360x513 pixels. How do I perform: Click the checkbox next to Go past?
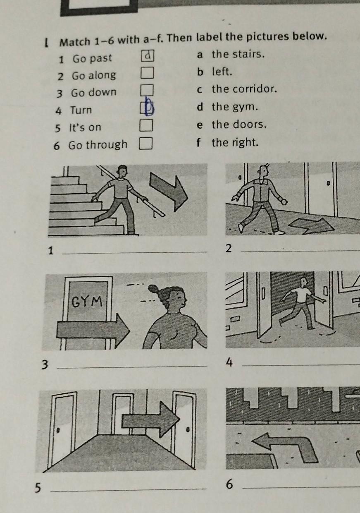click(x=148, y=56)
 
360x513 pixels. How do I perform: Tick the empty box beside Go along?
click(x=147, y=73)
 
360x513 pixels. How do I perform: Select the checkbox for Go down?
click(x=147, y=90)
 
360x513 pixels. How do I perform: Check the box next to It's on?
click(x=146, y=125)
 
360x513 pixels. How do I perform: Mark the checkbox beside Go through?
click(x=145, y=143)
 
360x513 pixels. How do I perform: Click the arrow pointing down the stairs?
click(x=169, y=192)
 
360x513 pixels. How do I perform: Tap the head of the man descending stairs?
click(x=122, y=171)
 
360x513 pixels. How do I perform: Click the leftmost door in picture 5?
click(x=63, y=429)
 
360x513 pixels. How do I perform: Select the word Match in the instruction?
click(x=75, y=42)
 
